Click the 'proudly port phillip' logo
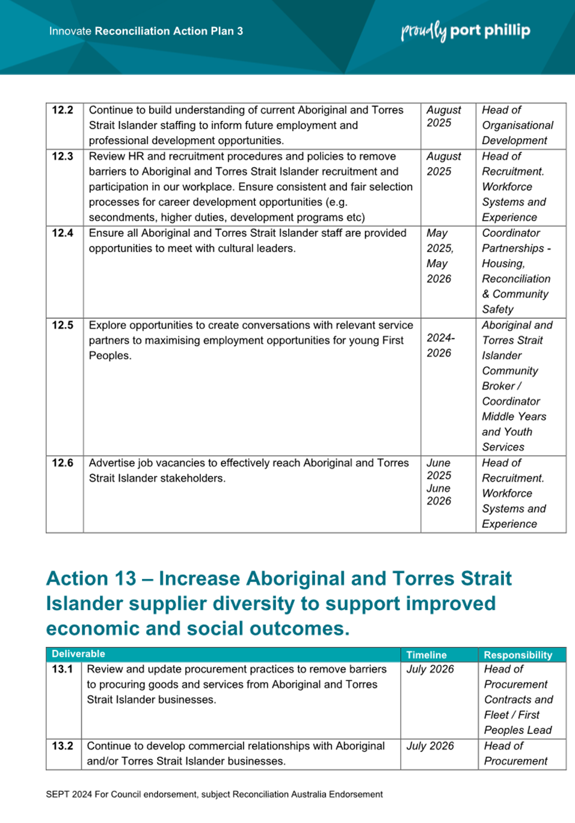[x=466, y=31]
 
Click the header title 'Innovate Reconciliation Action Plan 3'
[x=146, y=31]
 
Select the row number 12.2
[x=63, y=110]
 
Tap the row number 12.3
[x=63, y=156]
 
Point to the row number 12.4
[x=63, y=233]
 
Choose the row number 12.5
[x=63, y=325]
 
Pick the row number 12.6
[x=63, y=463]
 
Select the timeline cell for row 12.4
[x=440, y=255]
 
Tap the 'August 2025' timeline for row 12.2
[x=444, y=117]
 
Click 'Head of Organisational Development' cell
[x=517, y=125]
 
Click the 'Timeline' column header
[x=426, y=655]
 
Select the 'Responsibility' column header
[x=518, y=655]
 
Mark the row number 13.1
[x=63, y=669]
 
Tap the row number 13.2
[x=63, y=746]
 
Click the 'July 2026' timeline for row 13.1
[x=430, y=669]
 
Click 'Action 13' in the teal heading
[x=91, y=578]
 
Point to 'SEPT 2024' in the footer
[x=69, y=794]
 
